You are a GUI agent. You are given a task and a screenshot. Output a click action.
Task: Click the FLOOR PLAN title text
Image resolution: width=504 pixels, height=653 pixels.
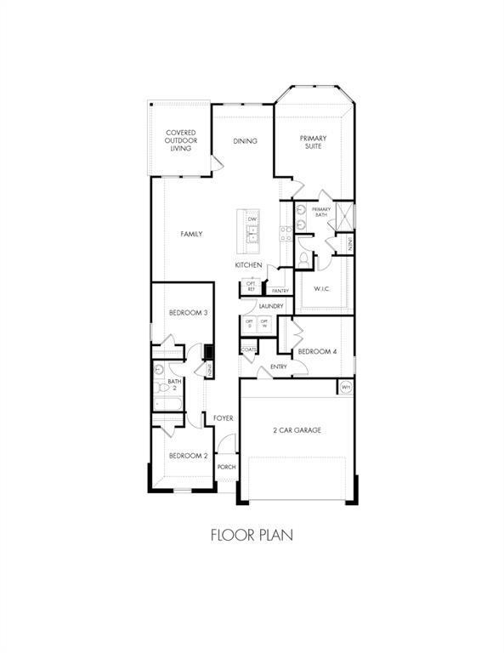tap(252, 537)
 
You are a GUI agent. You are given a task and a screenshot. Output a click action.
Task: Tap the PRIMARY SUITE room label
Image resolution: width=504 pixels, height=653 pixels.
tap(314, 141)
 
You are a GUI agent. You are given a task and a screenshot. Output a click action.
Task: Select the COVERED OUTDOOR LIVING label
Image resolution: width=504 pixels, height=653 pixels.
tap(180, 140)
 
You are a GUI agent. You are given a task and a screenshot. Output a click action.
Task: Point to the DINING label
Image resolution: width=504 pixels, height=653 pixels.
tap(245, 141)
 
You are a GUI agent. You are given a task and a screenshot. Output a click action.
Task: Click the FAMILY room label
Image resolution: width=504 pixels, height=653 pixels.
tap(191, 234)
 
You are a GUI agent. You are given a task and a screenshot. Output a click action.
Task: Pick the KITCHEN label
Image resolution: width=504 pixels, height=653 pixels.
tap(248, 265)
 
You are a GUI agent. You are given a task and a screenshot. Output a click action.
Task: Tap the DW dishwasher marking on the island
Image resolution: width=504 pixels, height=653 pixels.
tap(252, 219)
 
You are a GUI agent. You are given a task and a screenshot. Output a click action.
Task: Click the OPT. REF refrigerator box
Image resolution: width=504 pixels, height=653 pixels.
tap(252, 287)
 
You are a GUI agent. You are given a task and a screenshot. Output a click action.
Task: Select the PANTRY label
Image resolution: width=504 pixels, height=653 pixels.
tap(280, 291)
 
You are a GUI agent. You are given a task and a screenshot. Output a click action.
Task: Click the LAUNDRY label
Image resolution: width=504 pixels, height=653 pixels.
tap(271, 306)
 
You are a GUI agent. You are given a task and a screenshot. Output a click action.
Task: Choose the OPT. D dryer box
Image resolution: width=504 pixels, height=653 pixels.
tap(250, 324)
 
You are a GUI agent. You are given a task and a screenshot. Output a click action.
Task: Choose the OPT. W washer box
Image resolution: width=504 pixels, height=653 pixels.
tap(264, 324)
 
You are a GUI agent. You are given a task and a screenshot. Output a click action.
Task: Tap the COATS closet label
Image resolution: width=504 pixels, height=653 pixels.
tap(249, 349)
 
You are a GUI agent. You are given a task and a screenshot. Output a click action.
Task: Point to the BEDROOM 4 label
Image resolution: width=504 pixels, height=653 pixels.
tap(317, 351)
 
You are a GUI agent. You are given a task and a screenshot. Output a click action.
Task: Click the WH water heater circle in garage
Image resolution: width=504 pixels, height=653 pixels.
tap(346, 388)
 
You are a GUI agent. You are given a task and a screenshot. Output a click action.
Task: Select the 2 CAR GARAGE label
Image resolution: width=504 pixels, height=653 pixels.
tap(297, 431)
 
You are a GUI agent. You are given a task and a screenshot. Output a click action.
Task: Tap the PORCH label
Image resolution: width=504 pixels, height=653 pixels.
tap(226, 467)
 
